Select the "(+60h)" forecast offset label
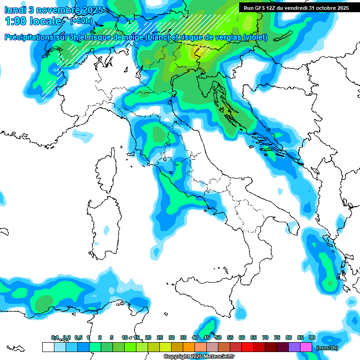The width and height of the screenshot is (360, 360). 81,21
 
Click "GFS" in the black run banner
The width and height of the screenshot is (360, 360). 262,8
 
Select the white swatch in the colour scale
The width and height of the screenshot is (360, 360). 48,347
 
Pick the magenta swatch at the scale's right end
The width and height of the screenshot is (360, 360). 306,347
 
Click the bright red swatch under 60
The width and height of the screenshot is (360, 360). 247,347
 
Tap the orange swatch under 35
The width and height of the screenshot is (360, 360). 189,347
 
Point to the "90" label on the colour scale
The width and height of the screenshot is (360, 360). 312,337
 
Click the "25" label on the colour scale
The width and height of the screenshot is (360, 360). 160,337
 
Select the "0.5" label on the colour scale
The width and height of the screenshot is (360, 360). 78,337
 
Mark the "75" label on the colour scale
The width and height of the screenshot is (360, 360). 277,337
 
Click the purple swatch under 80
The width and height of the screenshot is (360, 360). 294,347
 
